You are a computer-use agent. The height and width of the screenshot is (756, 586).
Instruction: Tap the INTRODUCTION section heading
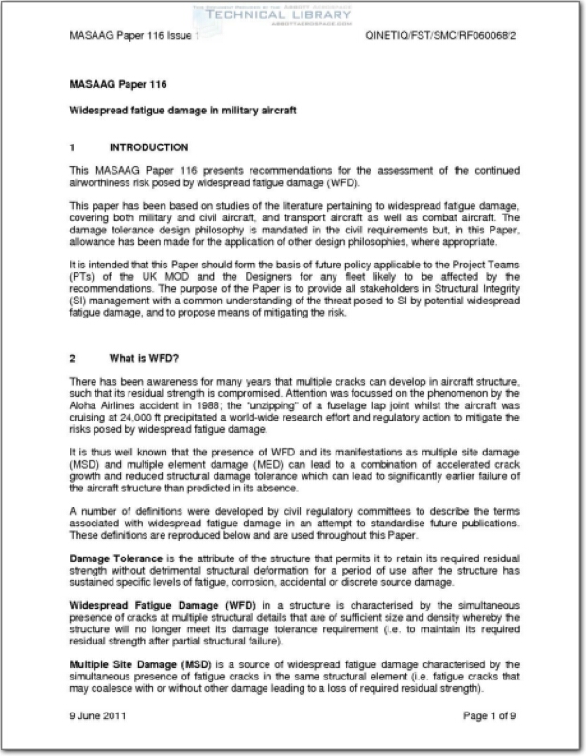148,148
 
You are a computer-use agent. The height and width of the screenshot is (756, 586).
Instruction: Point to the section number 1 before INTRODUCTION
73,148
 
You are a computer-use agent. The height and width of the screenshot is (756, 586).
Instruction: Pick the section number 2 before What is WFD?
73,359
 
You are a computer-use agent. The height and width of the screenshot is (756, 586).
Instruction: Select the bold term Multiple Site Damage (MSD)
138,666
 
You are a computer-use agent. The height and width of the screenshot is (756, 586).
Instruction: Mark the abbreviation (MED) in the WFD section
210,463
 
